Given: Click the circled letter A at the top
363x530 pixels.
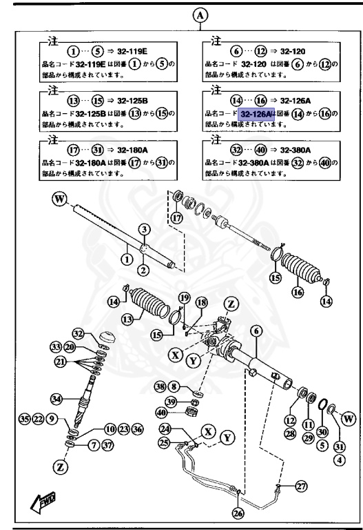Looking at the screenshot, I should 200,14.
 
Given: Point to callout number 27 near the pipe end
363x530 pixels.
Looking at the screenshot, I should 300,486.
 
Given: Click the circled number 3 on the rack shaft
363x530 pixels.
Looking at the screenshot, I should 144,228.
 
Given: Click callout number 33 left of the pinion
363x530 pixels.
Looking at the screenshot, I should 56,346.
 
